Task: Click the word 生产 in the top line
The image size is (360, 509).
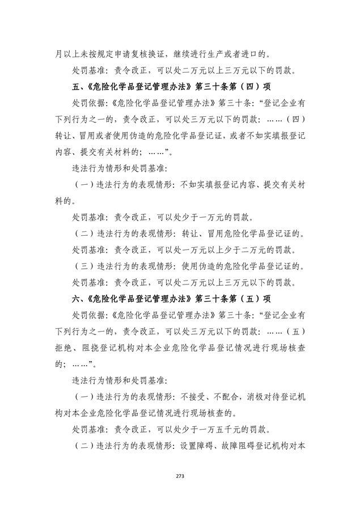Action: click(226, 55)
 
